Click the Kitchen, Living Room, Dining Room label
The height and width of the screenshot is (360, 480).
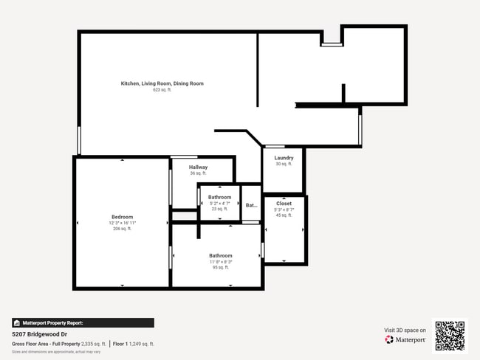pyautogui.click(x=162, y=83)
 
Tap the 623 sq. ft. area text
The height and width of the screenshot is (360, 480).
pyautogui.click(x=162, y=90)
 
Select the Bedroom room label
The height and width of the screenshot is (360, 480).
pyautogui.click(x=122, y=217)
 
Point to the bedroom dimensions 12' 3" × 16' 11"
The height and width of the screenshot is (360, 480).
pyautogui.click(x=122, y=223)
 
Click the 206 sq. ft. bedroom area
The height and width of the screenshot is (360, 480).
pyautogui.click(x=122, y=229)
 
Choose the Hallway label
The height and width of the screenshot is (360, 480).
pyautogui.click(x=198, y=167)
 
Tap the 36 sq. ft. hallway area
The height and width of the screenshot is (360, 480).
pyautogui.click(x=198, y=173)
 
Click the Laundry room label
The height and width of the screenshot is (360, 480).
pyautogui.click(x=284, y=158)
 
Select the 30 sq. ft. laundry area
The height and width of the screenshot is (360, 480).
pyautogui.click(x=284, y=164)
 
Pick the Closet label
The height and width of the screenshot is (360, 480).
pyautogui.click(x=284, y=203)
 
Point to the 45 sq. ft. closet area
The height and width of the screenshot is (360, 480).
pyautogui.click(x=284, y=215)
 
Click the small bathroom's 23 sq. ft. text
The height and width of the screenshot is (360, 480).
pyautogui.click(x=219, y=210)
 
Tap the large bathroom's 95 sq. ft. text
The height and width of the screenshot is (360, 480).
pyautogui.click(x=220, y=268)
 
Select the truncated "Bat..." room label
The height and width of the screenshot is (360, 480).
pyautogui.click(x=251, y=206)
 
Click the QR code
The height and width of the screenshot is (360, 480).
pyautogui.click(x=450, y=336)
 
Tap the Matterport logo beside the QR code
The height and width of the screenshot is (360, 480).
pyautogui.click(x=405, y=339)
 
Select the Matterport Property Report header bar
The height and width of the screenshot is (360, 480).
pyautogui.click(x=83, y=323)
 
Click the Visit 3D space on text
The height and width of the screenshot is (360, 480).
pyautogui.click(x=405, y=330)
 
